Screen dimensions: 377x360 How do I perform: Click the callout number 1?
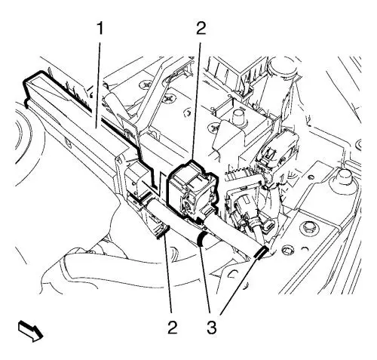[100, 29]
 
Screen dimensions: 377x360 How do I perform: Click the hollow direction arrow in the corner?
[30, 331]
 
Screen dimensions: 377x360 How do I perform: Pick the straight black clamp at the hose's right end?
[262, 252]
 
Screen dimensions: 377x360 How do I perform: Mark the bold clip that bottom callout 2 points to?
[163, 232]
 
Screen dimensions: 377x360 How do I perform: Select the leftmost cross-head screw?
[146, 85]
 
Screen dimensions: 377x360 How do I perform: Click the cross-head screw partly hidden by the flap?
[214, 127]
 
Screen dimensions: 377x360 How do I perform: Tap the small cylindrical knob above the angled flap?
[238, 115]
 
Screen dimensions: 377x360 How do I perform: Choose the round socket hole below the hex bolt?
[287, 251]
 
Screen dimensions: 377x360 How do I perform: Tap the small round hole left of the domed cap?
[310, 176]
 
